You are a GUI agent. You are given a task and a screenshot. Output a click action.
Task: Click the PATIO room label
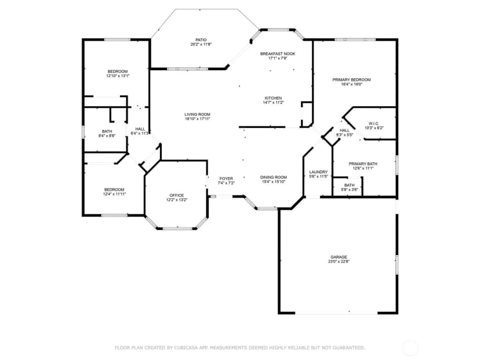click(x=201, y=40)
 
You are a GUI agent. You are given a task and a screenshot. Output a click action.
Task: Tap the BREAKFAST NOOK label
click(x=278, y=54)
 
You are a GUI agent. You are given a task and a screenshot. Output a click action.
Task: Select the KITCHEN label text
click(x=273, y=99)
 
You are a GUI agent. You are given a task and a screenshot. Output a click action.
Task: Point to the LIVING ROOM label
click(x=197, y=114)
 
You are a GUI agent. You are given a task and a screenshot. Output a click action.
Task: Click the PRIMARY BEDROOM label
click(x=351, y=80)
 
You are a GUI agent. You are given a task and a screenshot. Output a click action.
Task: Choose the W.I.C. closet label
click(x=374, y=123)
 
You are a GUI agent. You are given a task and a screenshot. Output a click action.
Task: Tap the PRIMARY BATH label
click(x=363, y=164)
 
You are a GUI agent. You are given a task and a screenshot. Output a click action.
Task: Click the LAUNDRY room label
click(x=318, y=172)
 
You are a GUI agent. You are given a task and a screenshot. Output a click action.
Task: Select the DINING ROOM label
click(x=274, y=177)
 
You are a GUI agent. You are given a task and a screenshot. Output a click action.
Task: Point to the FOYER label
click(x=226, y=179)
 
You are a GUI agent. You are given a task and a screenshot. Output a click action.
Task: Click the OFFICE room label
click(x=177, y=195)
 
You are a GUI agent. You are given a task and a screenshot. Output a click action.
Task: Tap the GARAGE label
click(x=339, y=257)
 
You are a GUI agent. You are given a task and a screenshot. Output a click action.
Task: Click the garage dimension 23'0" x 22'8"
click(x=339, y=261)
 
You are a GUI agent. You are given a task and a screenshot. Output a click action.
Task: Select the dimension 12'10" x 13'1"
click(x=118, y=76)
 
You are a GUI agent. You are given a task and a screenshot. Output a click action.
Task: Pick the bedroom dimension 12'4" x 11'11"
click(x=114, y=194)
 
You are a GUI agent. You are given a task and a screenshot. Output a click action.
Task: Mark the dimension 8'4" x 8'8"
click(x=107, y=136)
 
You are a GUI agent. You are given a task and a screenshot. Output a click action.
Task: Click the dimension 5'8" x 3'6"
click(x=350, y=190)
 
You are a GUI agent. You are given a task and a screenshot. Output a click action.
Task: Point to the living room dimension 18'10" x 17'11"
click(x=197, y=119)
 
